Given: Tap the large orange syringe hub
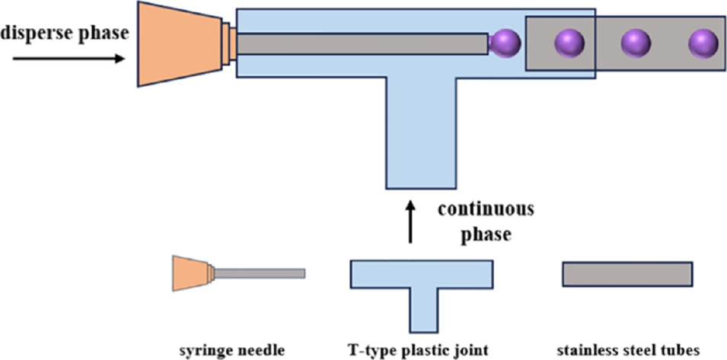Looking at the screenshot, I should [179, 43].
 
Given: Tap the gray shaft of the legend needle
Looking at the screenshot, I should [259, 273].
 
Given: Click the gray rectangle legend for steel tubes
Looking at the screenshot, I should [627, 273].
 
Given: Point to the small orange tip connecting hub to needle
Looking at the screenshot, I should [229, 43].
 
